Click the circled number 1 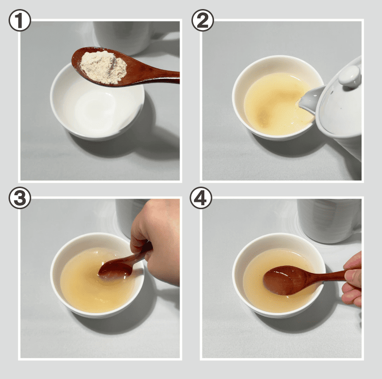20,20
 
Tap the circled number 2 202,20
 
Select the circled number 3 20,198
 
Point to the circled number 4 201,198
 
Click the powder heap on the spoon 104,67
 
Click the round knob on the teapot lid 350,76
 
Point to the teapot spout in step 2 311,100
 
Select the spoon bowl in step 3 116,268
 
